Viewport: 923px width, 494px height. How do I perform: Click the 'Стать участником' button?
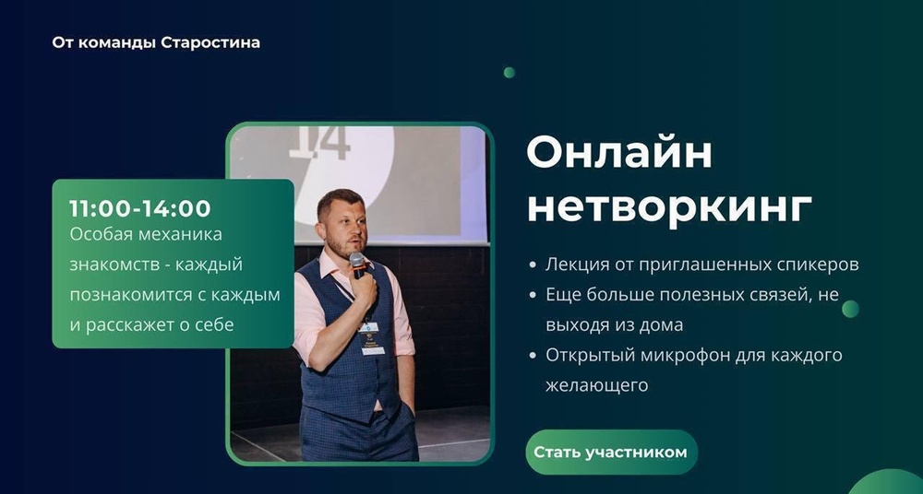[x=611, y=453]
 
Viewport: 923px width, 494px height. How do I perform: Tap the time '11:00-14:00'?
[x=140, y=208]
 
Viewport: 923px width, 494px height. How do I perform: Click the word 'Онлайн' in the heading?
[x=619, y=151]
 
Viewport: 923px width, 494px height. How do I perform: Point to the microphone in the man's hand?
[x=356, y=265]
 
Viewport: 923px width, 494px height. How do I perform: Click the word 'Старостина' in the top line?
[x=210, y=42]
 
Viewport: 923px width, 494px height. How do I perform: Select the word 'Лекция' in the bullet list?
[x=572, y=265]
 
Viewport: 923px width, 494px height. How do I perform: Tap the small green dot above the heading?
[x=509, y=73]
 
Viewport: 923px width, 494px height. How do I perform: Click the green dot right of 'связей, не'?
[x=850, y=309]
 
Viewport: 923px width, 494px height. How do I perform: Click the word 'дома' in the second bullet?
[x=662, y=324]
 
